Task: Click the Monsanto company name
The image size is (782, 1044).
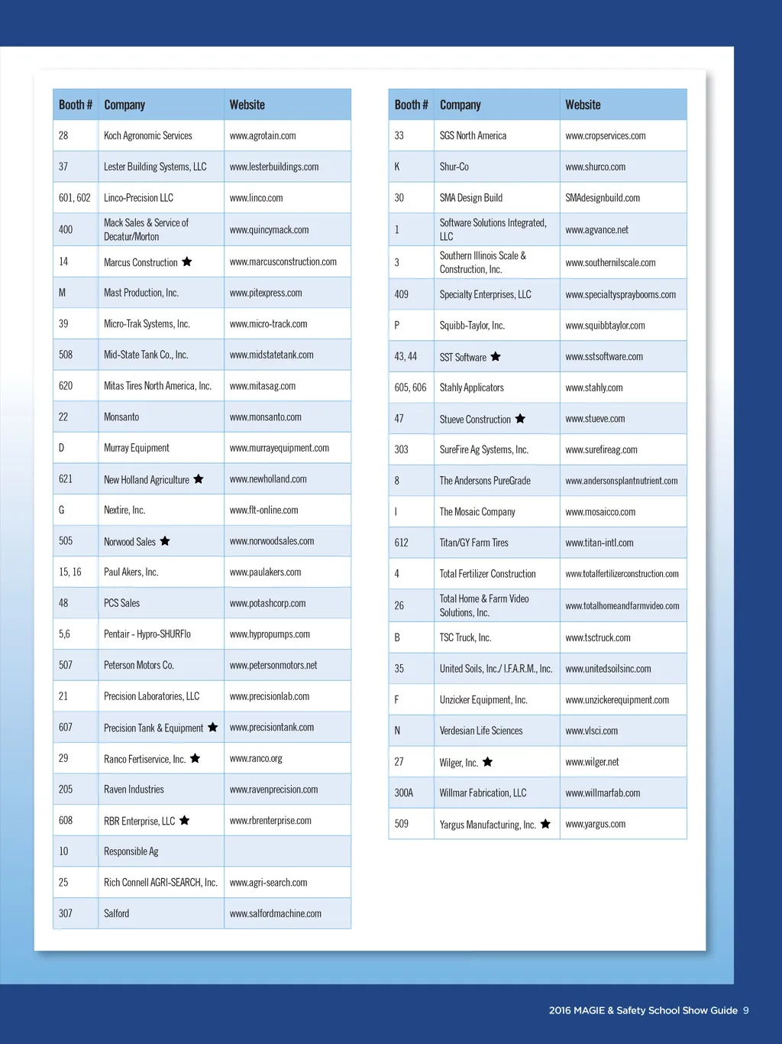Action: (121, 417)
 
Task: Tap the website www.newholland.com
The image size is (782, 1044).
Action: (268, 479)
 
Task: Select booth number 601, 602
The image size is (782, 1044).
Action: (74, 198)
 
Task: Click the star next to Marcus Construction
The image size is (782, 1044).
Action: (187, 262)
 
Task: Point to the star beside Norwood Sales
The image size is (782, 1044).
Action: (165, 541)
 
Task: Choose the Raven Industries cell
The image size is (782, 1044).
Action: (134, 789)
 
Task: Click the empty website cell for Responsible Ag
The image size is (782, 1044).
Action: (287, 851)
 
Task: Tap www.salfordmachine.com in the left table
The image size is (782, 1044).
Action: (275, 913)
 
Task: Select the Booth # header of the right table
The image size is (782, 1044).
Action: (411, 105)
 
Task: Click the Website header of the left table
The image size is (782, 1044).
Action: (247, 105)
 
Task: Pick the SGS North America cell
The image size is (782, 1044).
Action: (473, 136)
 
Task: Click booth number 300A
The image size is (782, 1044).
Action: (403, 793)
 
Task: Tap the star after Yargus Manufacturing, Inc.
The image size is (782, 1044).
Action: (545, 824)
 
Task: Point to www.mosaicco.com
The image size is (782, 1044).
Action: (600, 512)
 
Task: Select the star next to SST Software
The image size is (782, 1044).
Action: (496, 357)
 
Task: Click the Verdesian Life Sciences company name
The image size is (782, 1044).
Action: (481, 731)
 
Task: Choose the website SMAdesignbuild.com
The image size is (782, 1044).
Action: (603, 198)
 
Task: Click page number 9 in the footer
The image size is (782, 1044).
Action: (746, 1010)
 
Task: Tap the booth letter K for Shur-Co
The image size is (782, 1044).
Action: (397, 167)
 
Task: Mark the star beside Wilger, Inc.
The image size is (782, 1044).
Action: (488, 762)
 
